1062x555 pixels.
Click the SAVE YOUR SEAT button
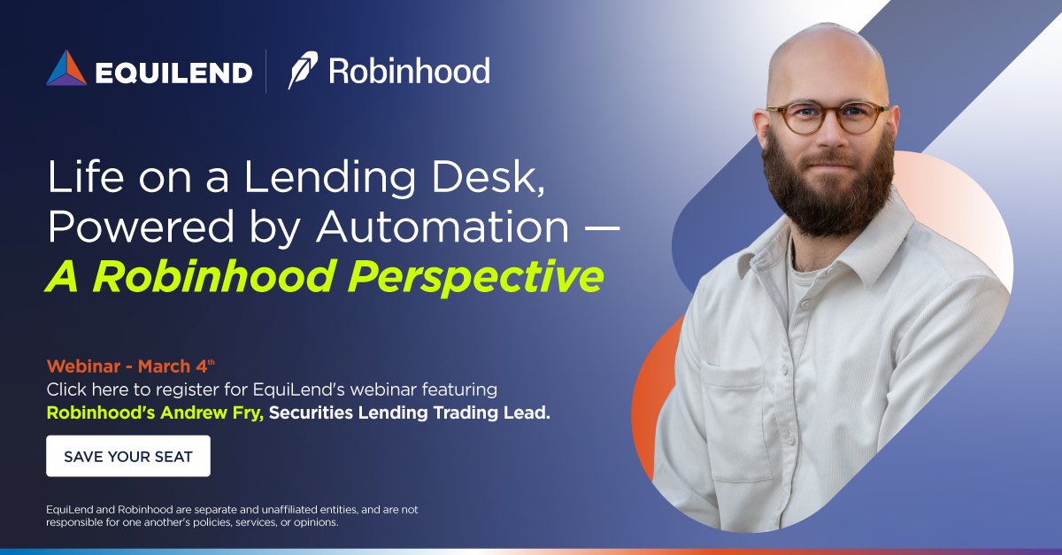click(x=128, y=457)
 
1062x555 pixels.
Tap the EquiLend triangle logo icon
click(x=66, y=69)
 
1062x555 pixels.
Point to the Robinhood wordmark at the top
click(x=409, y=71)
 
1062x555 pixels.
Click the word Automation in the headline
click(x=442, y=227)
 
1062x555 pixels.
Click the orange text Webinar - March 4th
click(x=131, y=366)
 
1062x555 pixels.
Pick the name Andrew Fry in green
click(x=215, y=412)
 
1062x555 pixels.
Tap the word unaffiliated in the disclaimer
click(x=255, y=510)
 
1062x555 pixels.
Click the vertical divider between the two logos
click(x=266, y=71)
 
